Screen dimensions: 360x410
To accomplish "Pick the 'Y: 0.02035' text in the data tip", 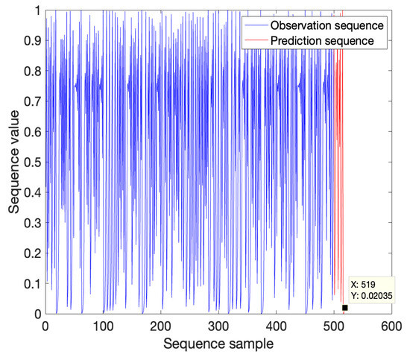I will click(x=371, y=296).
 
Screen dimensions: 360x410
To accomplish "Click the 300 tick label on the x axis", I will click(x=218, y=326).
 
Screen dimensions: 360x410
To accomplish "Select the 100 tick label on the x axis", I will click(x=103, y=326).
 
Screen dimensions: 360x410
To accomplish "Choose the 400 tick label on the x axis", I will click(x=276, y=326).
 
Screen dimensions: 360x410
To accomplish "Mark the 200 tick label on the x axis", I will click(x=160, y=326).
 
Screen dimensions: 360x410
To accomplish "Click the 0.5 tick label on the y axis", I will click(x=33, y=162).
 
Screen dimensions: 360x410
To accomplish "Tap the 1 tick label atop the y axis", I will click(x=37, y=11).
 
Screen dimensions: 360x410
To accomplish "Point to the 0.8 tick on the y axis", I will click(x=33, y=72).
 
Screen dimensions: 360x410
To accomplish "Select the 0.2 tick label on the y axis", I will click(x=33, y=253).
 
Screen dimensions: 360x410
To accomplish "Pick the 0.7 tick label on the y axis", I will click(x=33, y=102).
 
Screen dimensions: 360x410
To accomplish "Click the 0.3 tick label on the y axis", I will click(x=33, y=223).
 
